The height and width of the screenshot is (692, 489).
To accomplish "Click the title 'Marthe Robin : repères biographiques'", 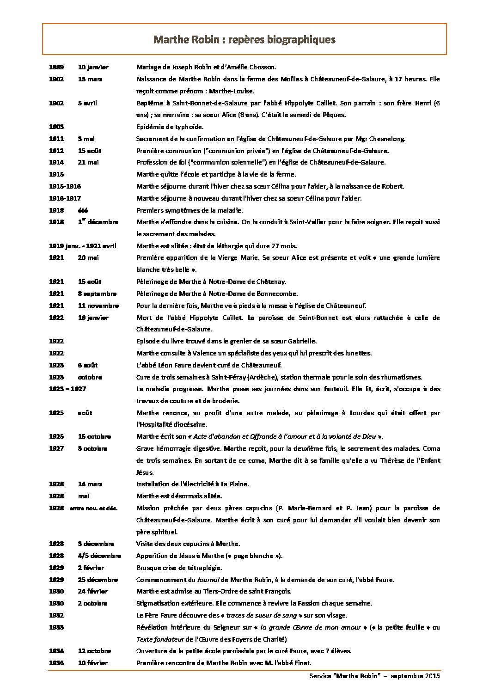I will point(244,39).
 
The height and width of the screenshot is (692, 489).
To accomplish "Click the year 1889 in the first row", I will point(56,67).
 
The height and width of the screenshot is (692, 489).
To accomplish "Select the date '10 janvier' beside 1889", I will point(93,67).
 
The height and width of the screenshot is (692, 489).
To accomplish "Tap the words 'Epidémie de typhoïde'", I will point(170,127).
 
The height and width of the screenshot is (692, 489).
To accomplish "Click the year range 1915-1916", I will point(65,186).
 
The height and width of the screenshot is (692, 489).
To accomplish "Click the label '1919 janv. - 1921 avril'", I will point(83,246).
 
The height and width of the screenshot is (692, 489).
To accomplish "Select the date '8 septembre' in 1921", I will point(97,294).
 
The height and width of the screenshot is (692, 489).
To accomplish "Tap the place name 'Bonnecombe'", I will point(276,294).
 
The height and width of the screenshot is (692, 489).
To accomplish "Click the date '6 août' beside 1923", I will point(88,365).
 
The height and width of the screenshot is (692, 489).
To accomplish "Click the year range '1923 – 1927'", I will point(67,389).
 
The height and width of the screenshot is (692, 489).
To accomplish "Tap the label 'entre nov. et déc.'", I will point(93,508).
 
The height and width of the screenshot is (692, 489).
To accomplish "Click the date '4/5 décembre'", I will point(99,556).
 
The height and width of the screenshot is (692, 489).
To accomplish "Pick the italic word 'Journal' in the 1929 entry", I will point(207,580).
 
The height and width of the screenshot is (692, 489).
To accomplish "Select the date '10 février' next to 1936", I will point(92,663).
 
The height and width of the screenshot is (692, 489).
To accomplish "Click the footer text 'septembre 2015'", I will point(415,676).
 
